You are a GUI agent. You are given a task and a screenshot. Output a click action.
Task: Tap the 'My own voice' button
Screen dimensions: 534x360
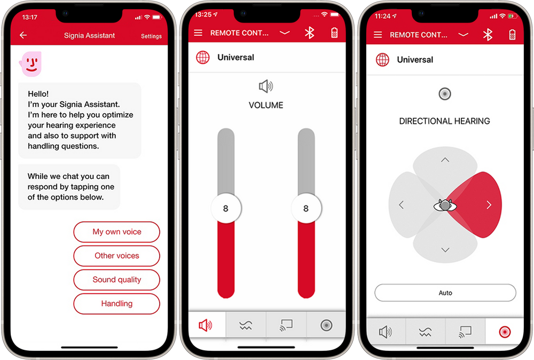116,232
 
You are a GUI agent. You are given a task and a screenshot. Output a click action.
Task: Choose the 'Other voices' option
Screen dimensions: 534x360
116,256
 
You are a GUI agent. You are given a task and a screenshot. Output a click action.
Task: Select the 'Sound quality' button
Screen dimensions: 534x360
116,280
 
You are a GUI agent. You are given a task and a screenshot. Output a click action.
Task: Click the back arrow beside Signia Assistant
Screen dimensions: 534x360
23,35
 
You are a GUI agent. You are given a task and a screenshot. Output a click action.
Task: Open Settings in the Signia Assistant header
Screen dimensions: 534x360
151,36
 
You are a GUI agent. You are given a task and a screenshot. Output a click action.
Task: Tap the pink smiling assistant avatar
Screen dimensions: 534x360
30,64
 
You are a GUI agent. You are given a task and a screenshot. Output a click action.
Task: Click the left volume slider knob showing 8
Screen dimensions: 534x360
226,208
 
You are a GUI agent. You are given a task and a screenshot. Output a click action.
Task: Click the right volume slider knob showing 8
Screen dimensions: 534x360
306,208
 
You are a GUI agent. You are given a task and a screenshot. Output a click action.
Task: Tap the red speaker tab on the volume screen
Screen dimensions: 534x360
206,325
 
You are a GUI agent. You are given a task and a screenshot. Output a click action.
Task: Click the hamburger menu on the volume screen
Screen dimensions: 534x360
198,33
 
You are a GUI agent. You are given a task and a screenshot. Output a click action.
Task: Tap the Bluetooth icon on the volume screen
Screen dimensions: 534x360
309,33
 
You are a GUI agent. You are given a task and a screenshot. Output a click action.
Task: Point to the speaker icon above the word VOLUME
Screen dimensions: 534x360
266,87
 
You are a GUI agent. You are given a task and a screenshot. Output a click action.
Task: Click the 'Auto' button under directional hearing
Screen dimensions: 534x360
445,293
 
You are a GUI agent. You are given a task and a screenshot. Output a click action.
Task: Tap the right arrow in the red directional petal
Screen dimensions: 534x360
489,205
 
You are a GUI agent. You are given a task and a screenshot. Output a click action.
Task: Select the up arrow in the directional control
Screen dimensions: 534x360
445,159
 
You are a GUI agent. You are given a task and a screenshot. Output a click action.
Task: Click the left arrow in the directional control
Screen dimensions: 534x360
401,205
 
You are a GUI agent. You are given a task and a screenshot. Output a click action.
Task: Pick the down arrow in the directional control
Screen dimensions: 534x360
445,250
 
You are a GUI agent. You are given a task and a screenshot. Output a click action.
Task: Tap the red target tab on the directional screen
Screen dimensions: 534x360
505,332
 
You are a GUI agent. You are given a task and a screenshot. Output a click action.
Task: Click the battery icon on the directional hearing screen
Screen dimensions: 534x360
512,35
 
